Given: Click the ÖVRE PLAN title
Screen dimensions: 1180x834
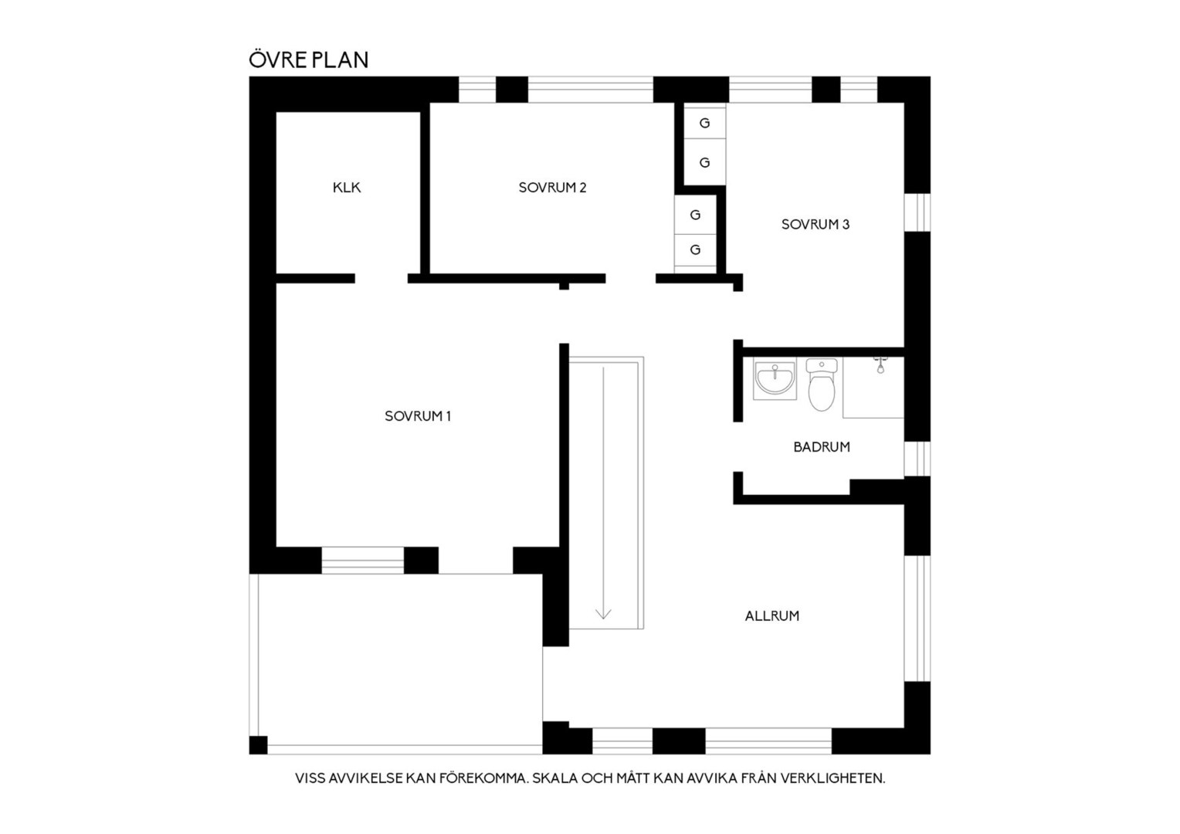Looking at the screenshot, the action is tap(308, 59).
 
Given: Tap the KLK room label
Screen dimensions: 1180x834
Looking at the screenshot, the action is tap(347, 188).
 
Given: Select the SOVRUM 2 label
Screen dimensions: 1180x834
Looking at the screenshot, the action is tap(552, 188).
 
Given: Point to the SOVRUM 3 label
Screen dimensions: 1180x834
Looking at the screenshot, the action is tap(815, 225).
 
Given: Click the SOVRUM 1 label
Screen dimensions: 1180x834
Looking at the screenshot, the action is tap(418, 416).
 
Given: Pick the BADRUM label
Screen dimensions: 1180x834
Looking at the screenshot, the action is tap(821, 447).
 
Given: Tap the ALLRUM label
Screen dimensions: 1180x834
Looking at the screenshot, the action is tap(771, 616).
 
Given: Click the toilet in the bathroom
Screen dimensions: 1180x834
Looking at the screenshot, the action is tap(822, 385).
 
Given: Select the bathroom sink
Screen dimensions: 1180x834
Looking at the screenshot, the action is tap(775, 378).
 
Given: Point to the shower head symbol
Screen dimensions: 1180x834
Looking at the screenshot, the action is tap(880, 365).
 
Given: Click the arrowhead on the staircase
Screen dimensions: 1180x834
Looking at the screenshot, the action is tap(603, 613).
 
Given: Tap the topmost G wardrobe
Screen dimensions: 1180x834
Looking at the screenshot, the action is tap(705, 123).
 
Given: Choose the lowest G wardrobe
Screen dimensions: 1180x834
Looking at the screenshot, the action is tap(695, 249).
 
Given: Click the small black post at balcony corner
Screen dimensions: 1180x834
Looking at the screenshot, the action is tap(258, 745).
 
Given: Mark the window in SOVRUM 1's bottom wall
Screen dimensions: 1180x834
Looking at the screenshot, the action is tap(363, 560).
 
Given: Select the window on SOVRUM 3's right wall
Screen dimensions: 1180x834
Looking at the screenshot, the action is tap(917, 212).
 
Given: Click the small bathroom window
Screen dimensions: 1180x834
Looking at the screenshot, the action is tap(917, 459).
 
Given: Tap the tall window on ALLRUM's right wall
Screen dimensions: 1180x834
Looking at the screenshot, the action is tap(917, 618).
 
